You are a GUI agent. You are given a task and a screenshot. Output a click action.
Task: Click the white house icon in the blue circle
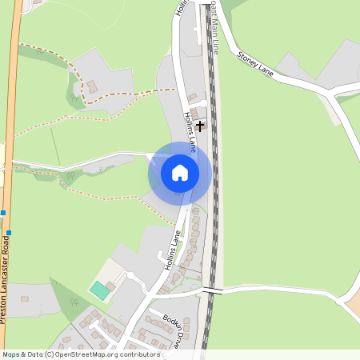tap(180, 172)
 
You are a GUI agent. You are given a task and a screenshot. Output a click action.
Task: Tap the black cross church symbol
tap(200, 126)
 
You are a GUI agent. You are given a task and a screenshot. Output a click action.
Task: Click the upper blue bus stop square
tap(5, 213)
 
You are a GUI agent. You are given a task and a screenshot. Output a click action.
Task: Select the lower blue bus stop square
tap(9, 232)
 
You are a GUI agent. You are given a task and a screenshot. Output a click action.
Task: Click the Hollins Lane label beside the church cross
tap(190, 132)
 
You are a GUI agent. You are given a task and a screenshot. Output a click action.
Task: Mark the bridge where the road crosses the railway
tap(211, 290)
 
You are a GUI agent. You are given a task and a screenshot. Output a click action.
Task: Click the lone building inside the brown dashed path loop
tap(92, 85)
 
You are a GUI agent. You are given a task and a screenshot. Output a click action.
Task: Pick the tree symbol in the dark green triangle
tap(74, 302)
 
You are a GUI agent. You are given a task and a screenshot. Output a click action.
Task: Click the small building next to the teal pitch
tap(110, 286)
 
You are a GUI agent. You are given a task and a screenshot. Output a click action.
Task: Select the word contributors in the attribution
tap(137, 354)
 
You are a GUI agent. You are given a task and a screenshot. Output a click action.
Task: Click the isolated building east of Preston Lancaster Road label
tap(25, 298)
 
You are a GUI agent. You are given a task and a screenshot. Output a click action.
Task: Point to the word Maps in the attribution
tap(12, 354)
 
